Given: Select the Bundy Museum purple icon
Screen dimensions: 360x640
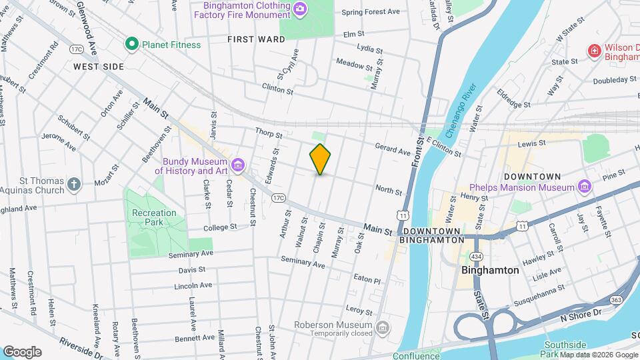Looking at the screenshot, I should coord(237,165).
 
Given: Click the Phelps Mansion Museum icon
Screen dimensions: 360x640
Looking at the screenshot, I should coord(585,187).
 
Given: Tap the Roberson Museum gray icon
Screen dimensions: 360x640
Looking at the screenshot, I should coord(383,329).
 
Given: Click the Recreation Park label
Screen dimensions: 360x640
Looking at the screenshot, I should coord(154,217).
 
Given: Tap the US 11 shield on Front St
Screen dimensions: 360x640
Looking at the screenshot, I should coord(403,215).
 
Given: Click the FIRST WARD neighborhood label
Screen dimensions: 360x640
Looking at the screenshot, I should coord(256,39).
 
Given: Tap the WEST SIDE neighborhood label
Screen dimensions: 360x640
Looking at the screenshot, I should coord(99,67).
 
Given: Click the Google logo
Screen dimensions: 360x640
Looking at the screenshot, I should coord(22,351).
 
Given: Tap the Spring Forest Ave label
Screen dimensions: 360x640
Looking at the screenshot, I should coord(370,12).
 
